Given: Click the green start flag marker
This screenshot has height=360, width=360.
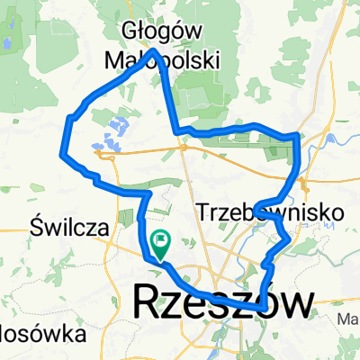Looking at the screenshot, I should click(162, 240).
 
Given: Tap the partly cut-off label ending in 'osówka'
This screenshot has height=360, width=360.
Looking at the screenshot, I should click(32, 334).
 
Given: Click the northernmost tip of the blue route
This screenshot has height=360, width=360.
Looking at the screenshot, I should click(155, 50).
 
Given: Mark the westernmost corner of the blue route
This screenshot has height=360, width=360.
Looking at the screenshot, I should click(62, 153).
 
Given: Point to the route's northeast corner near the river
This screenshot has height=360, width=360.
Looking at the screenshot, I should click(297, 136).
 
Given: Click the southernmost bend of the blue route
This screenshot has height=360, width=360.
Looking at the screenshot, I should click(260, 308).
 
